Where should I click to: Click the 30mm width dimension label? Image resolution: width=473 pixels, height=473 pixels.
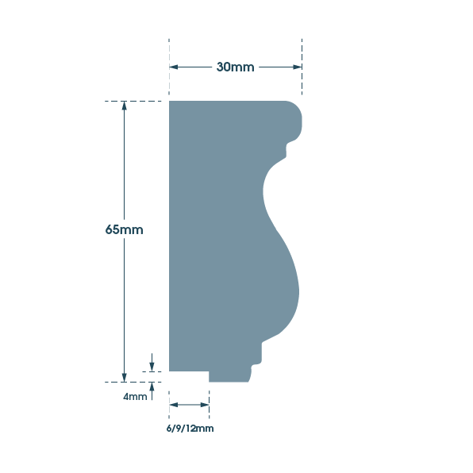click(x=235, y=67)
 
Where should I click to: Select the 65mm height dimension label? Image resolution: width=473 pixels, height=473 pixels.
click(x=124, y=230)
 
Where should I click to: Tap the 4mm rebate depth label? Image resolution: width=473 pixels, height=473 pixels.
click(x=135, y=396)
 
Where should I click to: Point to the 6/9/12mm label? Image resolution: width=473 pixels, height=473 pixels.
click(x=190, y=429)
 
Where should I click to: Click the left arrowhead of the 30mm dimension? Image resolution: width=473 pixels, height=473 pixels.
click(x=174, y=67)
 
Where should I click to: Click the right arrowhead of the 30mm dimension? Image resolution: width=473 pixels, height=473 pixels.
click(x=298, y=67)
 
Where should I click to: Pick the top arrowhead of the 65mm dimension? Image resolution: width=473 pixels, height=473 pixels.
click(x=124, y=106)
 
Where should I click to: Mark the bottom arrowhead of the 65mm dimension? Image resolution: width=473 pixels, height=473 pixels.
click(x=124, y=378)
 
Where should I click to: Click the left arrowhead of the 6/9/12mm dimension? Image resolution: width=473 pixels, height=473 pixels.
click(x=174, y=405)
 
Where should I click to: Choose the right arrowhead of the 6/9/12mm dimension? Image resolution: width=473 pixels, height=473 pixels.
click(x=205, y=405)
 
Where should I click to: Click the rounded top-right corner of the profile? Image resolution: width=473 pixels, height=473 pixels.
click(x=297, y=106)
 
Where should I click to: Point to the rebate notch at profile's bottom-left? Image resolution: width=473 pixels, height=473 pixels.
click(x=189, y=376)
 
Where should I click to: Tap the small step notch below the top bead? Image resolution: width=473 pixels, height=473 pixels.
click(x=286, y=150)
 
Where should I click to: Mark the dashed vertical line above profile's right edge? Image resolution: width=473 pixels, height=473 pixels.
click(x=302, y=67)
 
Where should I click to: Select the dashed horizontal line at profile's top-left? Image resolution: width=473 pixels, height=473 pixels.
click(x=133, y=101)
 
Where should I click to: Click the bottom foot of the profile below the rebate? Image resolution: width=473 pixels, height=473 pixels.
click(x=229, y=377)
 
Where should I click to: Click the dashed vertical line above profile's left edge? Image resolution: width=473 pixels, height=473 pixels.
click(x=169, y=67)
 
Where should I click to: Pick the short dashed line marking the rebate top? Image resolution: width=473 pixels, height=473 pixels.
click(x=152, y=371)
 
